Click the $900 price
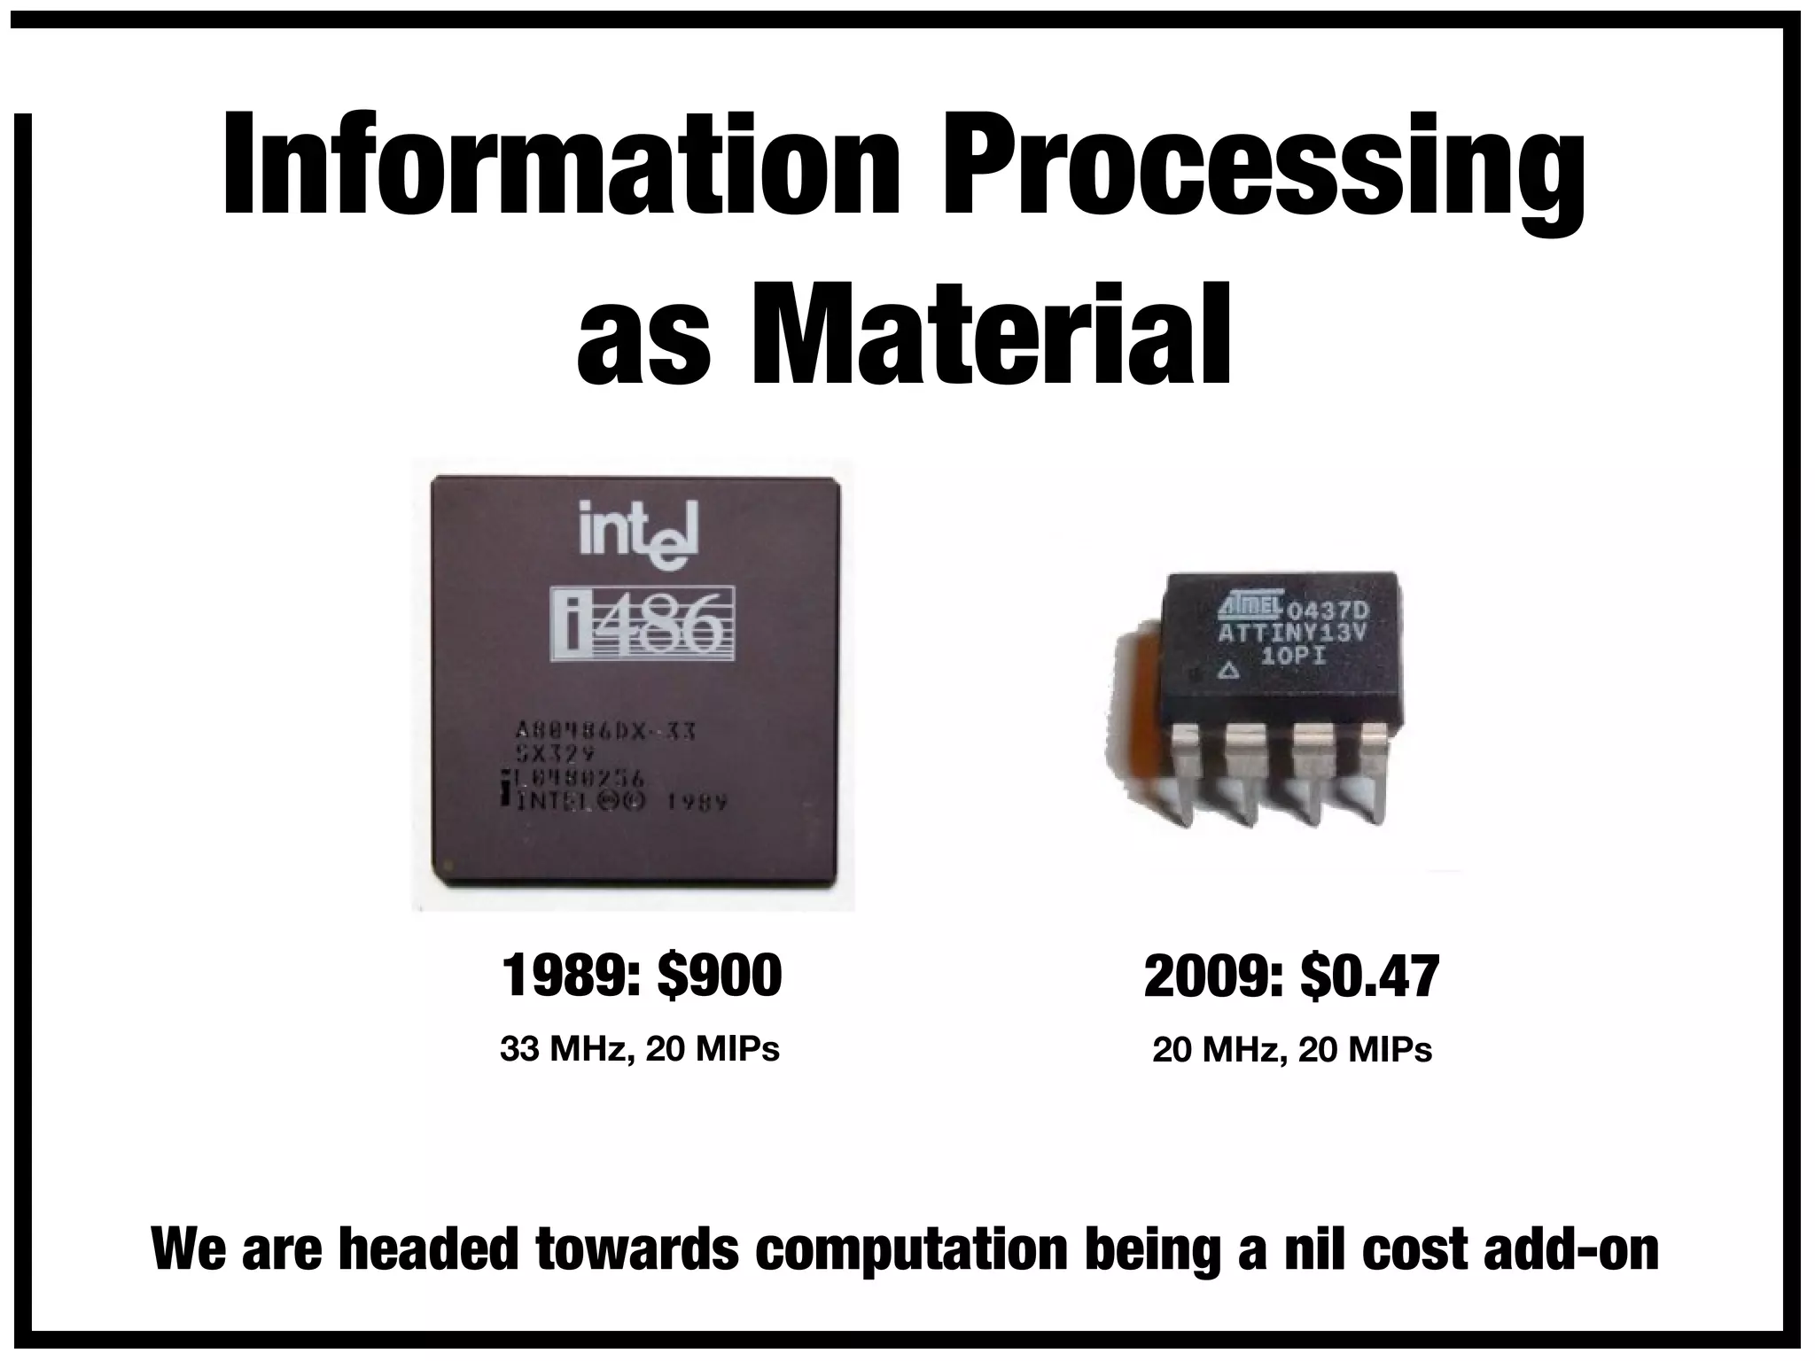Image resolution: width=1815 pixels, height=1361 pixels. click(719, 976)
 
